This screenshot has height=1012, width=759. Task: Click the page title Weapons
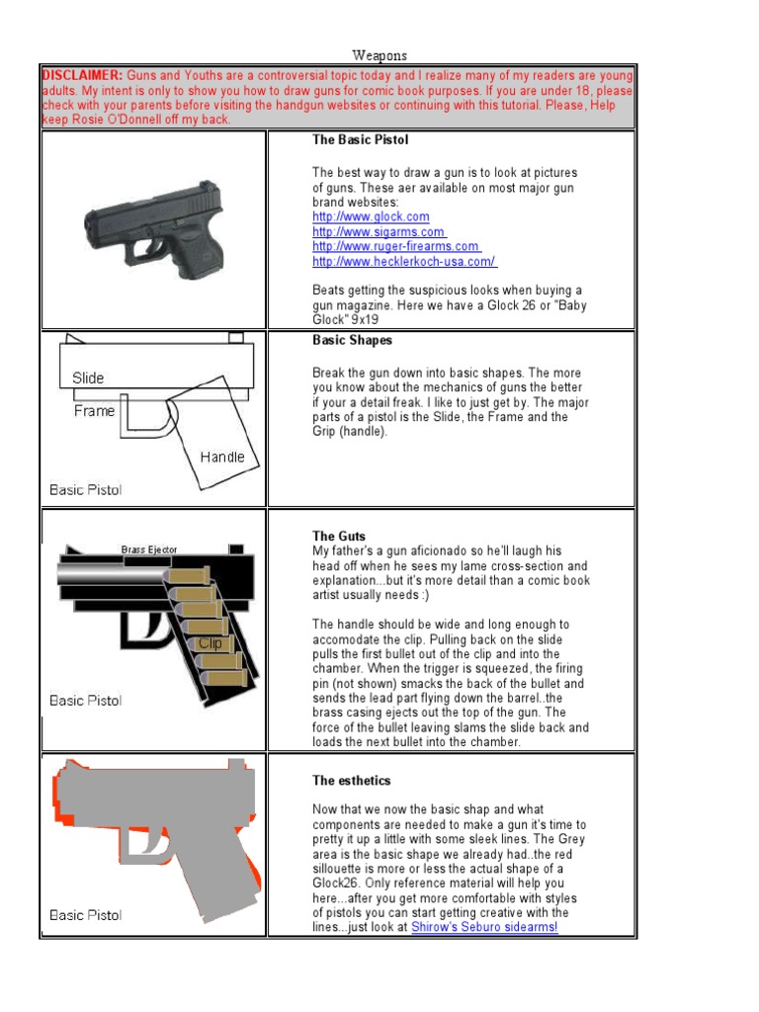(379, 56)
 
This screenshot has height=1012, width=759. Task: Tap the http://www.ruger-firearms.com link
(395, 246)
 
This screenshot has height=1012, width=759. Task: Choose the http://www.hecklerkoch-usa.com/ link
(404, 261)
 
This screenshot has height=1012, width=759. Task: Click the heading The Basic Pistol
(360, 140)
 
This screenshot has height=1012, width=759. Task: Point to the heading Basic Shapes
(352, 340)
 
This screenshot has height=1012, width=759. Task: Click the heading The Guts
(339, 537)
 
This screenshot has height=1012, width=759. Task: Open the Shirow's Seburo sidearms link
(484, 929)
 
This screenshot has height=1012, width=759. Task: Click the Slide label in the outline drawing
(88, 378)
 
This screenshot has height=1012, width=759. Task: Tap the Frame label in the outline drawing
(94, 411)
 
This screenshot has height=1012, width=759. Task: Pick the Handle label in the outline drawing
(221, 457)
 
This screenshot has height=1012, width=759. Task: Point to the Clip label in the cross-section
(210, 642)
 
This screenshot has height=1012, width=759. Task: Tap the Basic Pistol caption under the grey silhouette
(86, 915)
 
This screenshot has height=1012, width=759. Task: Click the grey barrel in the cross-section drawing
(109, 572)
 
